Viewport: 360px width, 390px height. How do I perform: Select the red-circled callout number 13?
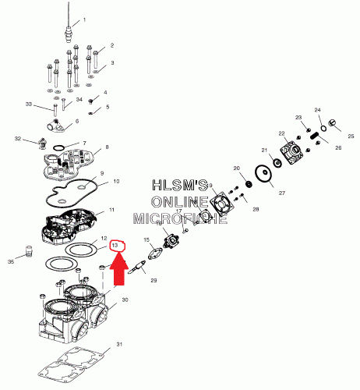coord(116,246)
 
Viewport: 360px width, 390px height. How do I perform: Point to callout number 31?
coord(119,345)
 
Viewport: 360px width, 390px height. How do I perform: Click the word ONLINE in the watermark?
coord(181,202)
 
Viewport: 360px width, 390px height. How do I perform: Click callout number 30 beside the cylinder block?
coord(125,300)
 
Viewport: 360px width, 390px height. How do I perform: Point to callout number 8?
coord(107,147)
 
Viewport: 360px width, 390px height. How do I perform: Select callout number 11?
coord(112,211)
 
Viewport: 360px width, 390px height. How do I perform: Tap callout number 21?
coord(264,151)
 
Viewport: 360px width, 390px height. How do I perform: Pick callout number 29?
coord(154,280)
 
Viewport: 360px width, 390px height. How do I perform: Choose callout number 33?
coord(29,104)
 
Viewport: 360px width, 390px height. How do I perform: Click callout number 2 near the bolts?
coord(112,46)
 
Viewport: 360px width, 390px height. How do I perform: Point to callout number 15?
coord(146,239)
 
